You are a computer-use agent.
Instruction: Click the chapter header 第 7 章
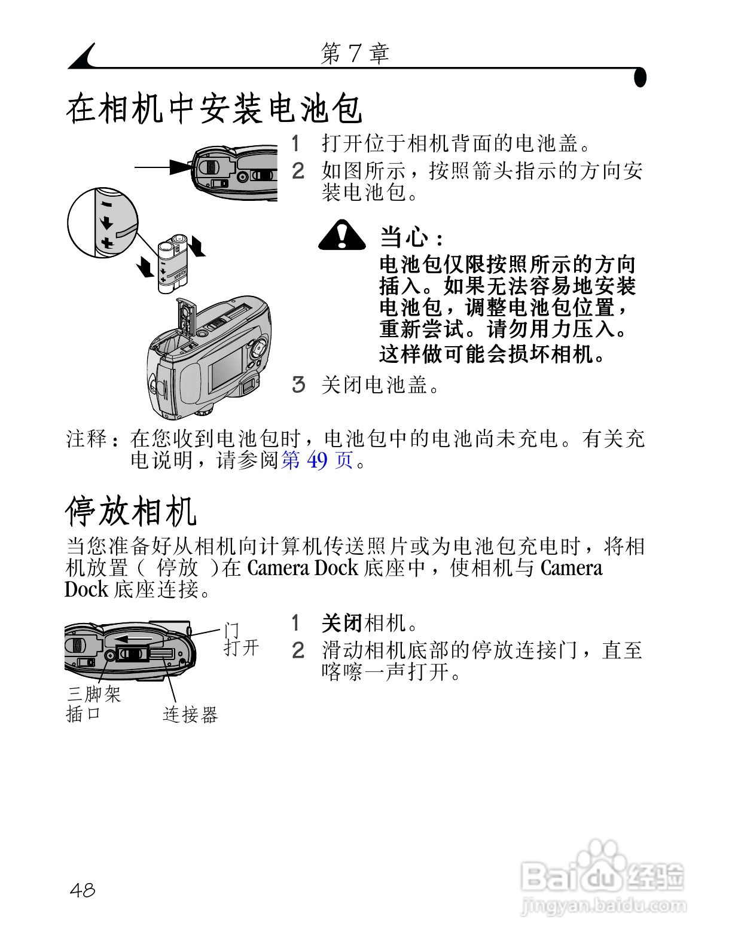[355, 54]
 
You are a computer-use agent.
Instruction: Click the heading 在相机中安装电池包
[213, 109]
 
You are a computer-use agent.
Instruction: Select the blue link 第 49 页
[317, 460]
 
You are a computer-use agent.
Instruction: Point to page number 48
[83, 890]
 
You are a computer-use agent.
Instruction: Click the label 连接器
[190, 714]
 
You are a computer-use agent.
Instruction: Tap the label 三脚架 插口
[93, 704]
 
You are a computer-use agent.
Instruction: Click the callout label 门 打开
[240, 639]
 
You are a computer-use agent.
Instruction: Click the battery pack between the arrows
[173, 265]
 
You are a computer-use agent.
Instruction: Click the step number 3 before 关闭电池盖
[298, 384]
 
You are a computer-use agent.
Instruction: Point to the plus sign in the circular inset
[107, 243]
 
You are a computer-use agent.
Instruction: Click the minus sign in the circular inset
[106, 204]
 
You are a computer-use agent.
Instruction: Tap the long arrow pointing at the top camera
[161, 167]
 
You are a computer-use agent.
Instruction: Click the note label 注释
[86, 439]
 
